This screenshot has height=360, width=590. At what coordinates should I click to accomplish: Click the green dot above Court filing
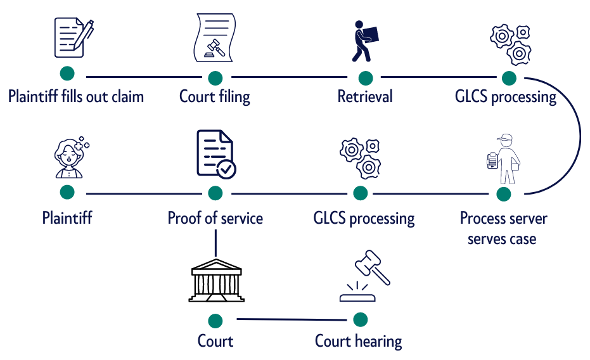[215, 77]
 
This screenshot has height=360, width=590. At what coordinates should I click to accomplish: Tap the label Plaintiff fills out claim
[76, 97]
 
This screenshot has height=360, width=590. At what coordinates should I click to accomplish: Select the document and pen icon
[73, 37]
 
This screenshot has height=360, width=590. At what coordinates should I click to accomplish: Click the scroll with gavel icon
[215, 38]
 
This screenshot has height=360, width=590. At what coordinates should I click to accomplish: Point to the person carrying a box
[364, 41]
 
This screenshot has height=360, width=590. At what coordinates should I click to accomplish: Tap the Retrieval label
[365, 97]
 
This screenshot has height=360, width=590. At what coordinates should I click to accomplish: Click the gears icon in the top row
[510, 43]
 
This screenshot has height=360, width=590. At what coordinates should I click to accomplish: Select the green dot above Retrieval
[366, 77]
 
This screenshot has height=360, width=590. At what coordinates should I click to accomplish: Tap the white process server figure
[504, 158]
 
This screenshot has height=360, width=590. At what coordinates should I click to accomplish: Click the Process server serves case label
[503, 229]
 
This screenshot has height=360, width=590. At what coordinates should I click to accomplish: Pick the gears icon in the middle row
[360, 158]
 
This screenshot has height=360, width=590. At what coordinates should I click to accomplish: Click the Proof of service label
[215, 219]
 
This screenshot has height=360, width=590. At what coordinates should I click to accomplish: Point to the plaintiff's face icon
[69, 158]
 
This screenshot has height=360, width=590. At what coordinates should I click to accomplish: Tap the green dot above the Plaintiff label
[67, 192]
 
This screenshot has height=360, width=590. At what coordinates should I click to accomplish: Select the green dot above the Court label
[215, 320]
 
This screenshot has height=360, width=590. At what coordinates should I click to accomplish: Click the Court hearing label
[358, 341]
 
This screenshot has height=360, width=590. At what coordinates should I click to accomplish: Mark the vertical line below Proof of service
[215, 243]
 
